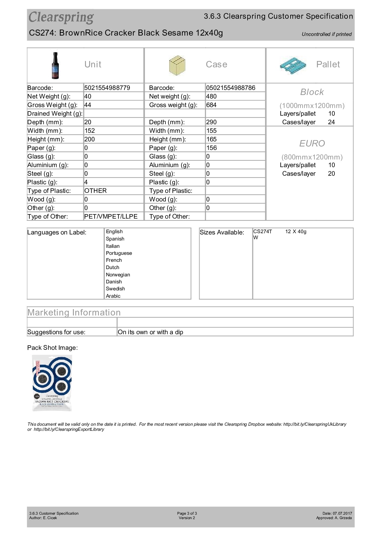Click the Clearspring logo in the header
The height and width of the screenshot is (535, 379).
[x=61, y=17]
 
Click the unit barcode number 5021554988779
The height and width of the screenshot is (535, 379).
[x=107, y=88]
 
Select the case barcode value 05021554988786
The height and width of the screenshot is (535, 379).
[x=230, y=88]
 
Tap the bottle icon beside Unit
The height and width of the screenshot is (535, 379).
[x=55, y=65]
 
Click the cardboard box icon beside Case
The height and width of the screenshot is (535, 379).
[x=177, y=65]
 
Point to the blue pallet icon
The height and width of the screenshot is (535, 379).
[x=293, y=65]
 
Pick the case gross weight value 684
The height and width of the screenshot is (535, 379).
[x=211, y=105]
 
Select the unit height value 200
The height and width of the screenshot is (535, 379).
[x=89, y=139]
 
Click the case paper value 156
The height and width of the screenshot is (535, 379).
[x=211, y=148]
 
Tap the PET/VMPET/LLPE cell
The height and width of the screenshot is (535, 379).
[x=111, y=216]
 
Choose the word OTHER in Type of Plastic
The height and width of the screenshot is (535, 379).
[x=95, y=191]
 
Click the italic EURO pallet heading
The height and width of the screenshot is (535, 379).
[x=312, y=143]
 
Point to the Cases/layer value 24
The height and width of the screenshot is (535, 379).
[x=331, y=122]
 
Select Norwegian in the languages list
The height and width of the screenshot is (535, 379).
[x=118, y=274]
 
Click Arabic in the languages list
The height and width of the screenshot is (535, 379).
[x=113, y=296]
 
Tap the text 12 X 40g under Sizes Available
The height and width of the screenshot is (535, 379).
[x=296, y=232]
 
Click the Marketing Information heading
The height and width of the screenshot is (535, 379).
[x=74, y=312]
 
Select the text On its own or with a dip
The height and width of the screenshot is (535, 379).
[x=150, y=332]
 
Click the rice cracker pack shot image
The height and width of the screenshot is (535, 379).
[x=52, y=383]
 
